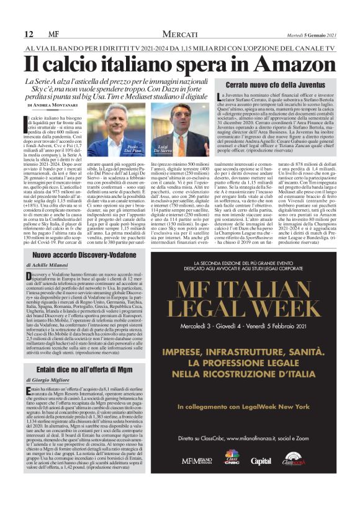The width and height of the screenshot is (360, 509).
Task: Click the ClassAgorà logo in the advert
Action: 297,460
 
